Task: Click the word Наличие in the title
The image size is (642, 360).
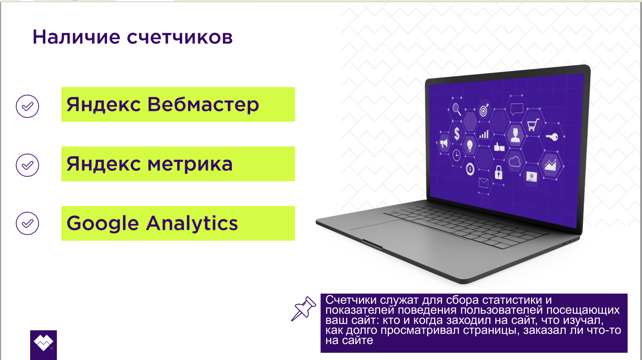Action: click(x=76, y=37)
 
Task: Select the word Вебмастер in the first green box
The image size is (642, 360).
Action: click(x=203, y=105)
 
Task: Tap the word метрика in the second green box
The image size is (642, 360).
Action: click(x=190, y=164)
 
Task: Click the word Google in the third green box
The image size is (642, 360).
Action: click(x=103, y=223)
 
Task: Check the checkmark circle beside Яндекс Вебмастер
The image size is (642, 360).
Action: click(x=27, y=106)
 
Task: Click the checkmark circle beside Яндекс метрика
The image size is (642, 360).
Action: click(x=27, y=165)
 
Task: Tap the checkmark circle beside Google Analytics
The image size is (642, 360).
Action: click(x=27, y=223)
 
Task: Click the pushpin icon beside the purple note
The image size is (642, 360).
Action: click(x=304, y=309)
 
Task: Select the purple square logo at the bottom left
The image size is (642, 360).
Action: click(x=44, y=345)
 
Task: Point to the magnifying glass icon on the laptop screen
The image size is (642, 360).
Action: click(x=457, y=109)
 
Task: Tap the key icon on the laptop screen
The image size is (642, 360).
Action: click(x=552, y=137)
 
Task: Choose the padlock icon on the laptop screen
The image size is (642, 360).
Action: click(x=499, y=172)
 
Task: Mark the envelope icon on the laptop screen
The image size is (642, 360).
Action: click(x=483, y=183)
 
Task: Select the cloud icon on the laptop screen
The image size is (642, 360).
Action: click(x=514, y=161)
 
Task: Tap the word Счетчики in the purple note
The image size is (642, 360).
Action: click(x=351, y=300)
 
